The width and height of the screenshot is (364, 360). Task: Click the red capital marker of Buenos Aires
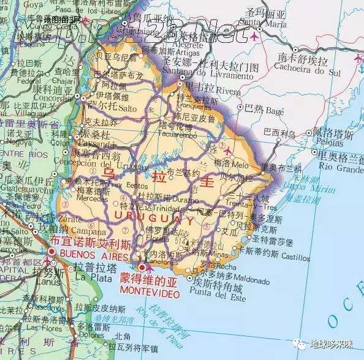[51, 252]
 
